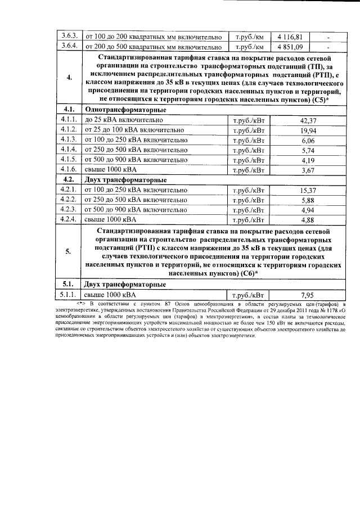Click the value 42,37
[x=308, y=120]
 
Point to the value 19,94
[x=308, y=130]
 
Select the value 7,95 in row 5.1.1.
[x=308, y=294]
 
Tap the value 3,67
[x=308, y=170]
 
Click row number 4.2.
[x=70, y=180]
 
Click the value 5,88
[x=308, y=200]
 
